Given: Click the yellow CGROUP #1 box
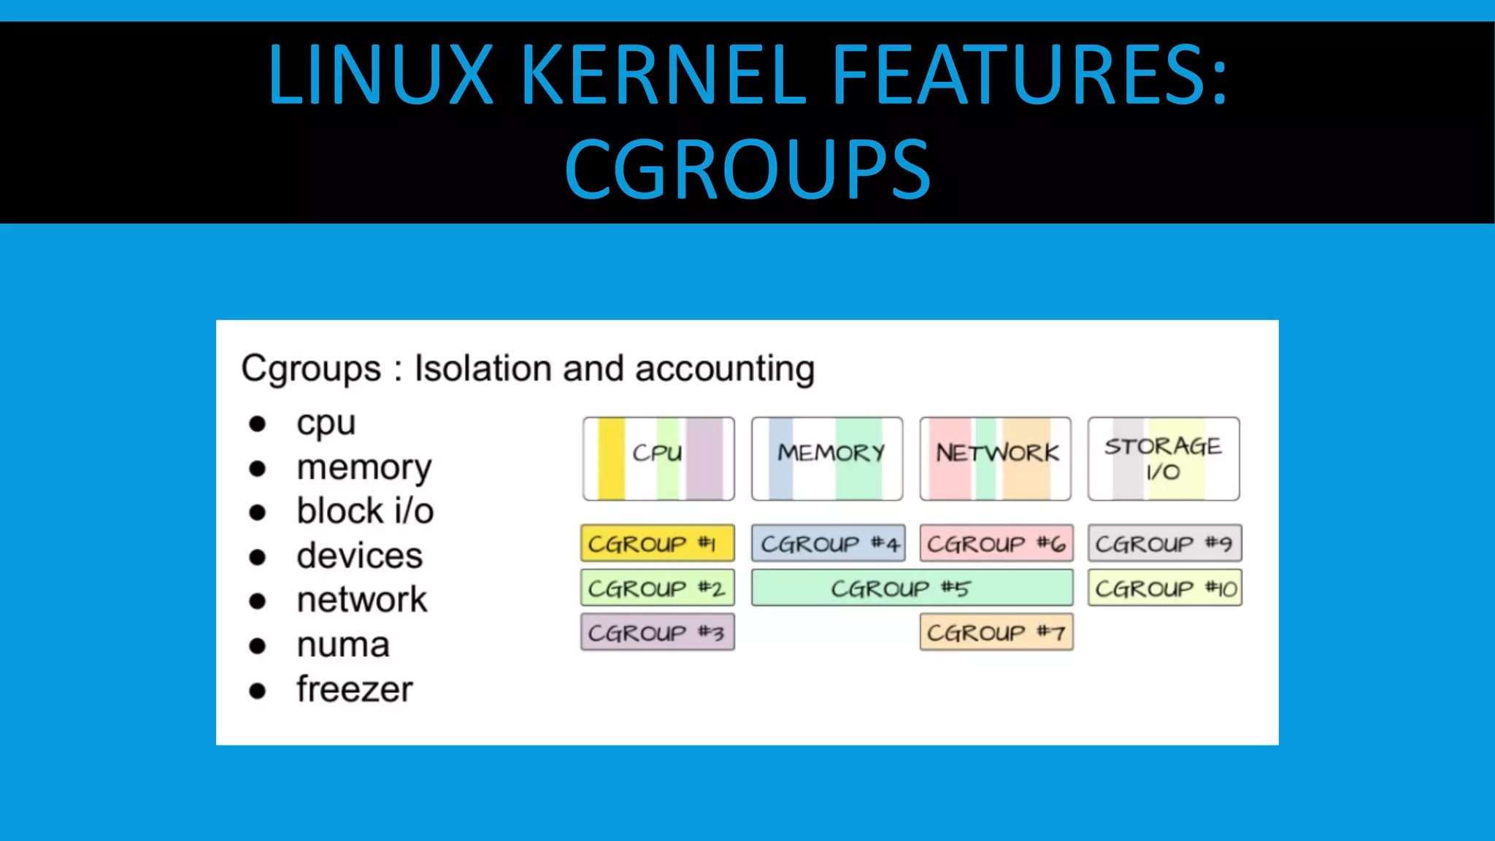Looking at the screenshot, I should [x=657, y=543].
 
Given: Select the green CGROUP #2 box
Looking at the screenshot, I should [x=657, y=588].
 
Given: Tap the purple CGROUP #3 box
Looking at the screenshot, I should [x=657, y=632].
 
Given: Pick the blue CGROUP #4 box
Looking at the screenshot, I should [x=828, y=543].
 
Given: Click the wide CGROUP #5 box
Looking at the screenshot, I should [x=912, y=588].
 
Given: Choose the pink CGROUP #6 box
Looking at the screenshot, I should [x=996, y=543].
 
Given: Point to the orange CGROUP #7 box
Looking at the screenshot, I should [x=996, y=632].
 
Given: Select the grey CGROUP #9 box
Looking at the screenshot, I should [x=1164, y=543].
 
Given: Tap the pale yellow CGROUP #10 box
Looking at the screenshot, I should [x=1164, y=588].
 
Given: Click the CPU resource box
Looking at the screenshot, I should [x=658, y=458].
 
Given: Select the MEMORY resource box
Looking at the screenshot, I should [x=827, y=458].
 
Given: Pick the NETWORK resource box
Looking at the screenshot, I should [x=996, y=458].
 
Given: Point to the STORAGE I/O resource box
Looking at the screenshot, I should [x=1164, y=458].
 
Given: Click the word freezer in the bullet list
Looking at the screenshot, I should [x=354, y=689].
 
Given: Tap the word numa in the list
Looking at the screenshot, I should [x=343, y=645].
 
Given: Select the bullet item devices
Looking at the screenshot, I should [x=359, y=556].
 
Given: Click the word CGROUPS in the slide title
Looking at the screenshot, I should [x=747, y=169].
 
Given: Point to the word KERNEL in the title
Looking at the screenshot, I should [x=663, y=74].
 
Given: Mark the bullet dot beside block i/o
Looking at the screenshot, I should [x=257, y=512].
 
